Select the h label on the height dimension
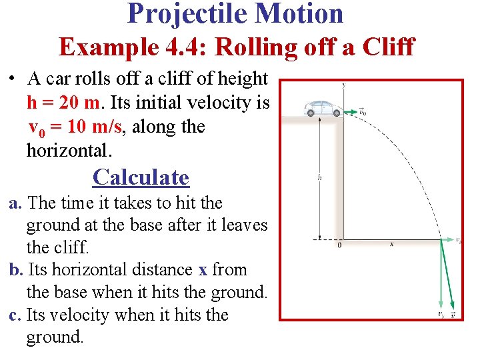321,178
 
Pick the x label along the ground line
391,245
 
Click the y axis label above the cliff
343,85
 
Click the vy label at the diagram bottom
441,314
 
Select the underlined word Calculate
141,177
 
